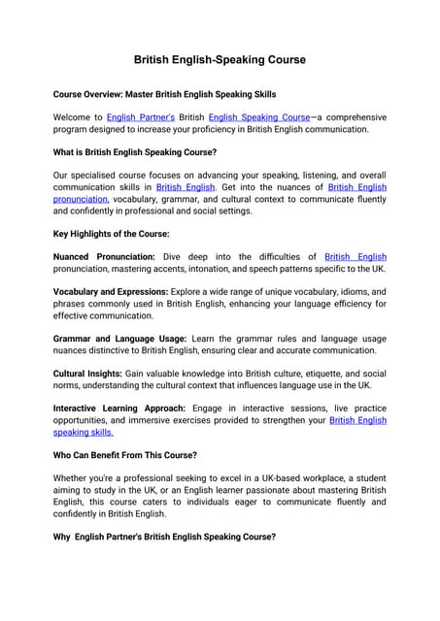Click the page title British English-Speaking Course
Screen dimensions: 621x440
tap(220, 60)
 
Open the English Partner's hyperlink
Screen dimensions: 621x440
tap(142, 116)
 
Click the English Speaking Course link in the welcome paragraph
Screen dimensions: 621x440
tap(258, 116)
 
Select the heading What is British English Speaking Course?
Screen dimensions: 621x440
tap(135, 152)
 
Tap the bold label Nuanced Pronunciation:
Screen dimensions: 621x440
tap(104, 257)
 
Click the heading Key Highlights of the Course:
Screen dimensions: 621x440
tap(111, 234)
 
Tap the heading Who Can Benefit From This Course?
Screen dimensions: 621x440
tap(125, 455)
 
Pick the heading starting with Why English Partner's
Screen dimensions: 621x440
tap(164, 537)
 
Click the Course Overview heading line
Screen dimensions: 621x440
tap(164, 94)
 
